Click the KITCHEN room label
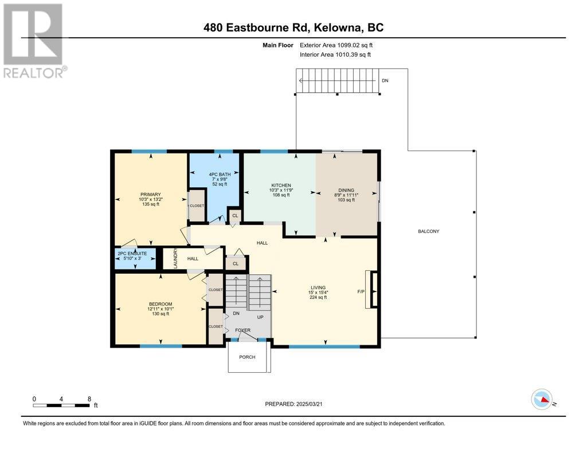(x=281, y=185)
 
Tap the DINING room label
(x=346, y=190)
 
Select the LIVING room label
(x=318, y=287)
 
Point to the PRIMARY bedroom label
(x=151, y=195)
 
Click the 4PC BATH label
(x=220, y=174)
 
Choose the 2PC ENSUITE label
(x=132, y=253)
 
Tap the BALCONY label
(x=429, y=231)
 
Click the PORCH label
(x=248, y=357)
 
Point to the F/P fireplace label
(x=361, y=292)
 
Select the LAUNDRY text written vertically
(x=175, y=258)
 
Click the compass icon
(x=542, y=400)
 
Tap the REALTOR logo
(x=34, y=41)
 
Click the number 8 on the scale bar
(x=89, y=399)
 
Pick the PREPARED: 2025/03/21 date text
(x=293, y=404)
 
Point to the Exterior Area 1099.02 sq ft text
(x=336, y=45)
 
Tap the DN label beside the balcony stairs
(x=385, y=80)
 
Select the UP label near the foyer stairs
(x=260, y=317)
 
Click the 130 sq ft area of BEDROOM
(x=161, y=314)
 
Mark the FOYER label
(x=243, y=330)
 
